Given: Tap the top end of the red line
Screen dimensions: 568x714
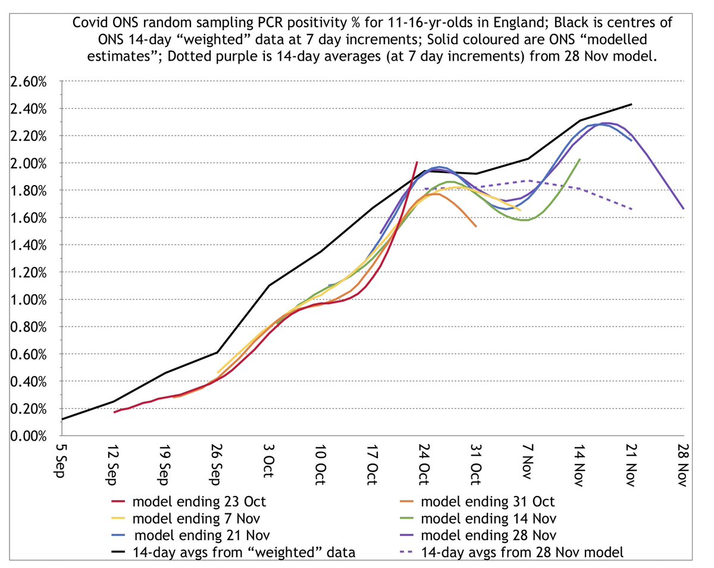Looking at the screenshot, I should pyautogui.click(x=417, y=162).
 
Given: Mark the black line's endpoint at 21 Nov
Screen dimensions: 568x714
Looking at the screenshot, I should pyautogui.click(x=631, y=104).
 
